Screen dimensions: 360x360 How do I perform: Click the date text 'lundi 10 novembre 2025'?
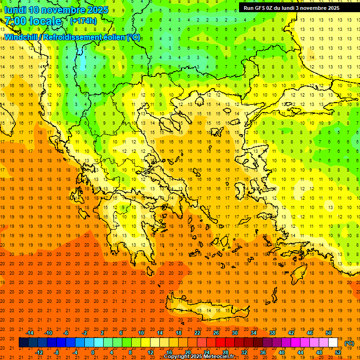tap(56, 10)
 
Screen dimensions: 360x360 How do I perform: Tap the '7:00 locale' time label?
tap(33, 21)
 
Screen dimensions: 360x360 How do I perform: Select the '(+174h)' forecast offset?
tap(83, 21)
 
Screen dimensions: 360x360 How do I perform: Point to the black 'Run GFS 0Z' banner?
tap(295, 7)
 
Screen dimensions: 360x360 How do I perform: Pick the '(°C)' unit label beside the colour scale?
tap(349, 343)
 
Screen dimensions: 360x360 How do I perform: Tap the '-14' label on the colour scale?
tap(30, 333)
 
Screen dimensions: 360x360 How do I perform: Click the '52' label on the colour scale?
tap(338, 352)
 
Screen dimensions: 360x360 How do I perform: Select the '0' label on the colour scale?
tap(93, 352)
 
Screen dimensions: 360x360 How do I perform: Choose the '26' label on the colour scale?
tap(216, 333)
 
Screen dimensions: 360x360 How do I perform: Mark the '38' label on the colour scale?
tap(272, 333)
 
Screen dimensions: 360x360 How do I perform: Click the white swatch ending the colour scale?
tap(333, 343)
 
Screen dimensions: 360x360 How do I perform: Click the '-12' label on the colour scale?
tap(39, 352)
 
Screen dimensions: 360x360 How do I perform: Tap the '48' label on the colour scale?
tap(319, 352)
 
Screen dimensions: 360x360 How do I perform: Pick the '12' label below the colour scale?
tap(150, 352)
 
